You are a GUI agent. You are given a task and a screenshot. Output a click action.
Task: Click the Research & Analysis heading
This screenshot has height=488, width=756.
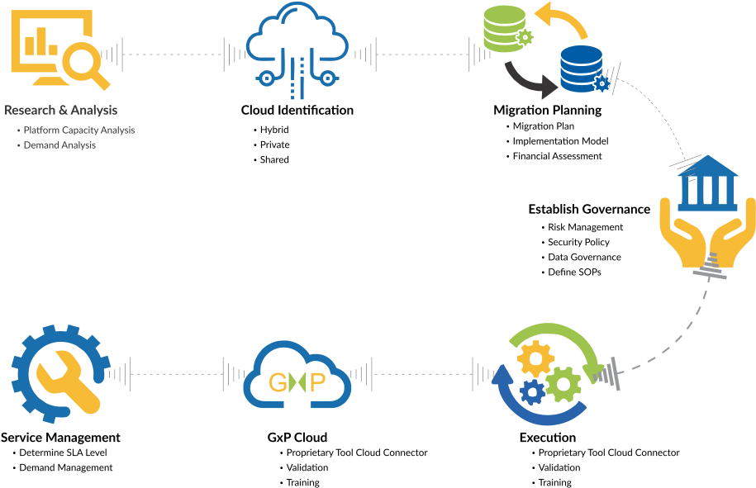(x=61, y=111)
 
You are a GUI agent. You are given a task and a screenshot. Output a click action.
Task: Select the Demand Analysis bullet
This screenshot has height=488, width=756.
(x=59, y=145)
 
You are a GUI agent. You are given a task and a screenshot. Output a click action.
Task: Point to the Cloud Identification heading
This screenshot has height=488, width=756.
(x=297, y=111)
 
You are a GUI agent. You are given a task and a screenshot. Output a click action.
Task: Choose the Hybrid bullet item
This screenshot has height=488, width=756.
(x=274, y=130)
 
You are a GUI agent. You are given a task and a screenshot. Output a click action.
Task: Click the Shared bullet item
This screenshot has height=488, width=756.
(x=274, y=159)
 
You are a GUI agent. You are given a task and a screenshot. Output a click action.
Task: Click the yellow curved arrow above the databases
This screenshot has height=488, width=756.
(x=562, y=21)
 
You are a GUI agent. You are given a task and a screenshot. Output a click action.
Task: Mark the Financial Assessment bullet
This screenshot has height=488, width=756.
(x=557, y=156)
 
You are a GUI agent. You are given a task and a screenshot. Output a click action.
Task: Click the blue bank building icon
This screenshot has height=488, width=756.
(x=707, y=183)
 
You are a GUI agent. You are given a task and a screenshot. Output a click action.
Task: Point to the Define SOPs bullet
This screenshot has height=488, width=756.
(x=574, y=272)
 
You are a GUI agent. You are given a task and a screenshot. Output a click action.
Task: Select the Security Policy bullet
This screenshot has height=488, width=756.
(x=578, y=242)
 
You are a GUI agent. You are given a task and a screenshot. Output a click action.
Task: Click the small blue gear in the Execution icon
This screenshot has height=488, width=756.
(x=533, y=392)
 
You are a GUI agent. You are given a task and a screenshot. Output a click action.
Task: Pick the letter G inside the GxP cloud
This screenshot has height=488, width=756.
(x=278, y=383)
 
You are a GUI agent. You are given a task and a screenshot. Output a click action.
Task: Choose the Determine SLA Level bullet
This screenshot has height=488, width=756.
(x=63, y=452)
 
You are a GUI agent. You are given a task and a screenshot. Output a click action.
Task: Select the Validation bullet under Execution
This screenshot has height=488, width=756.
(x=559, y=467)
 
